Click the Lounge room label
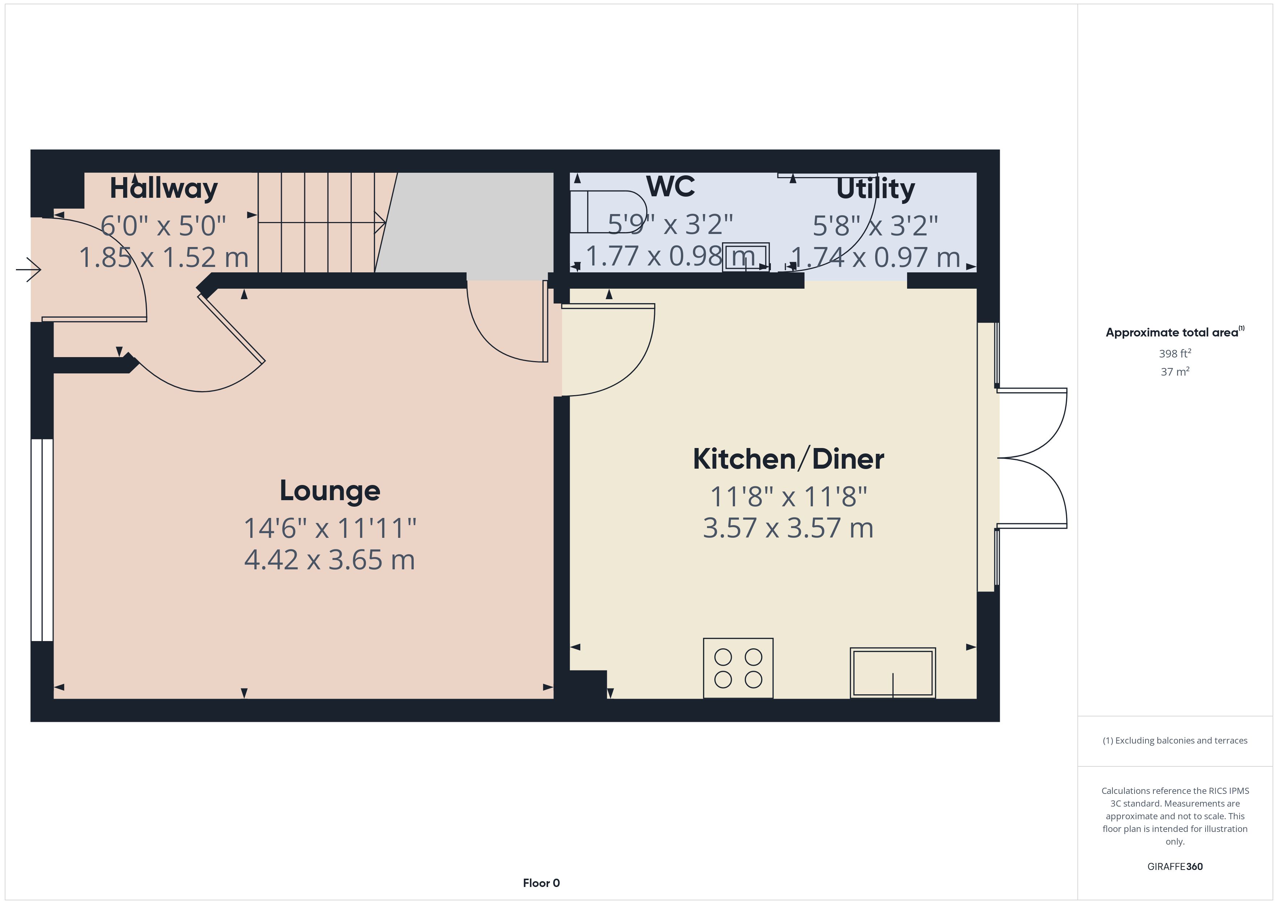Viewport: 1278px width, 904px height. tap(330, 491)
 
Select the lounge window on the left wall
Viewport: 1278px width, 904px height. tap(42, 540)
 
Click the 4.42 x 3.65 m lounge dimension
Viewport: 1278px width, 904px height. tap(330, 560)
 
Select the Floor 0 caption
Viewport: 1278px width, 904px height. tap(541, 883)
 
